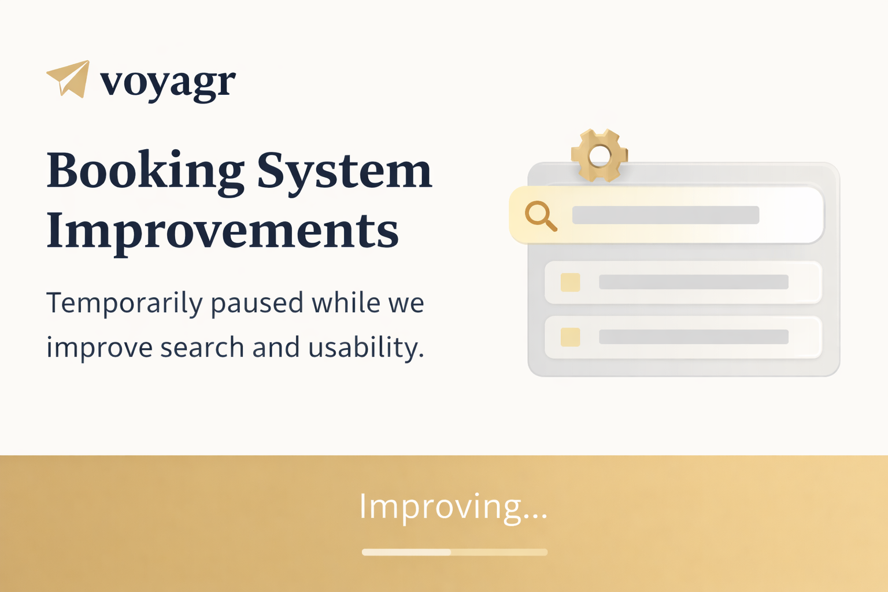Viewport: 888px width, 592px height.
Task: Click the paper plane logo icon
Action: tap(68, 79)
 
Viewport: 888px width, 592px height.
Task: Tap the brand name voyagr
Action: tap(168, 83)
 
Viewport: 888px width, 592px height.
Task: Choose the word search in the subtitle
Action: tap(202, 347)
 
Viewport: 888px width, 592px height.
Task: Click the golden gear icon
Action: tap(599, 156)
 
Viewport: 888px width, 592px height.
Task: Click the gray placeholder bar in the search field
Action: tap(665, 215)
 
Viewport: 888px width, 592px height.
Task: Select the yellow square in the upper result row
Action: tap(570, 282)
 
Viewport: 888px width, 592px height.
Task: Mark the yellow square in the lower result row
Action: tap(570, 337)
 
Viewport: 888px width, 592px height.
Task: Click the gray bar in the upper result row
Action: tap(693, 282)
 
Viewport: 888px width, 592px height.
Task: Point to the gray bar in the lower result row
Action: tap(693, 336)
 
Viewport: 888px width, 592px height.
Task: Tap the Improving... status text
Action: tap(453, 507)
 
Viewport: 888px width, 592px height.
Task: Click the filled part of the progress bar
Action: tap(406, 552)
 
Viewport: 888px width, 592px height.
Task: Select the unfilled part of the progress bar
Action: tap(499, 552)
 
